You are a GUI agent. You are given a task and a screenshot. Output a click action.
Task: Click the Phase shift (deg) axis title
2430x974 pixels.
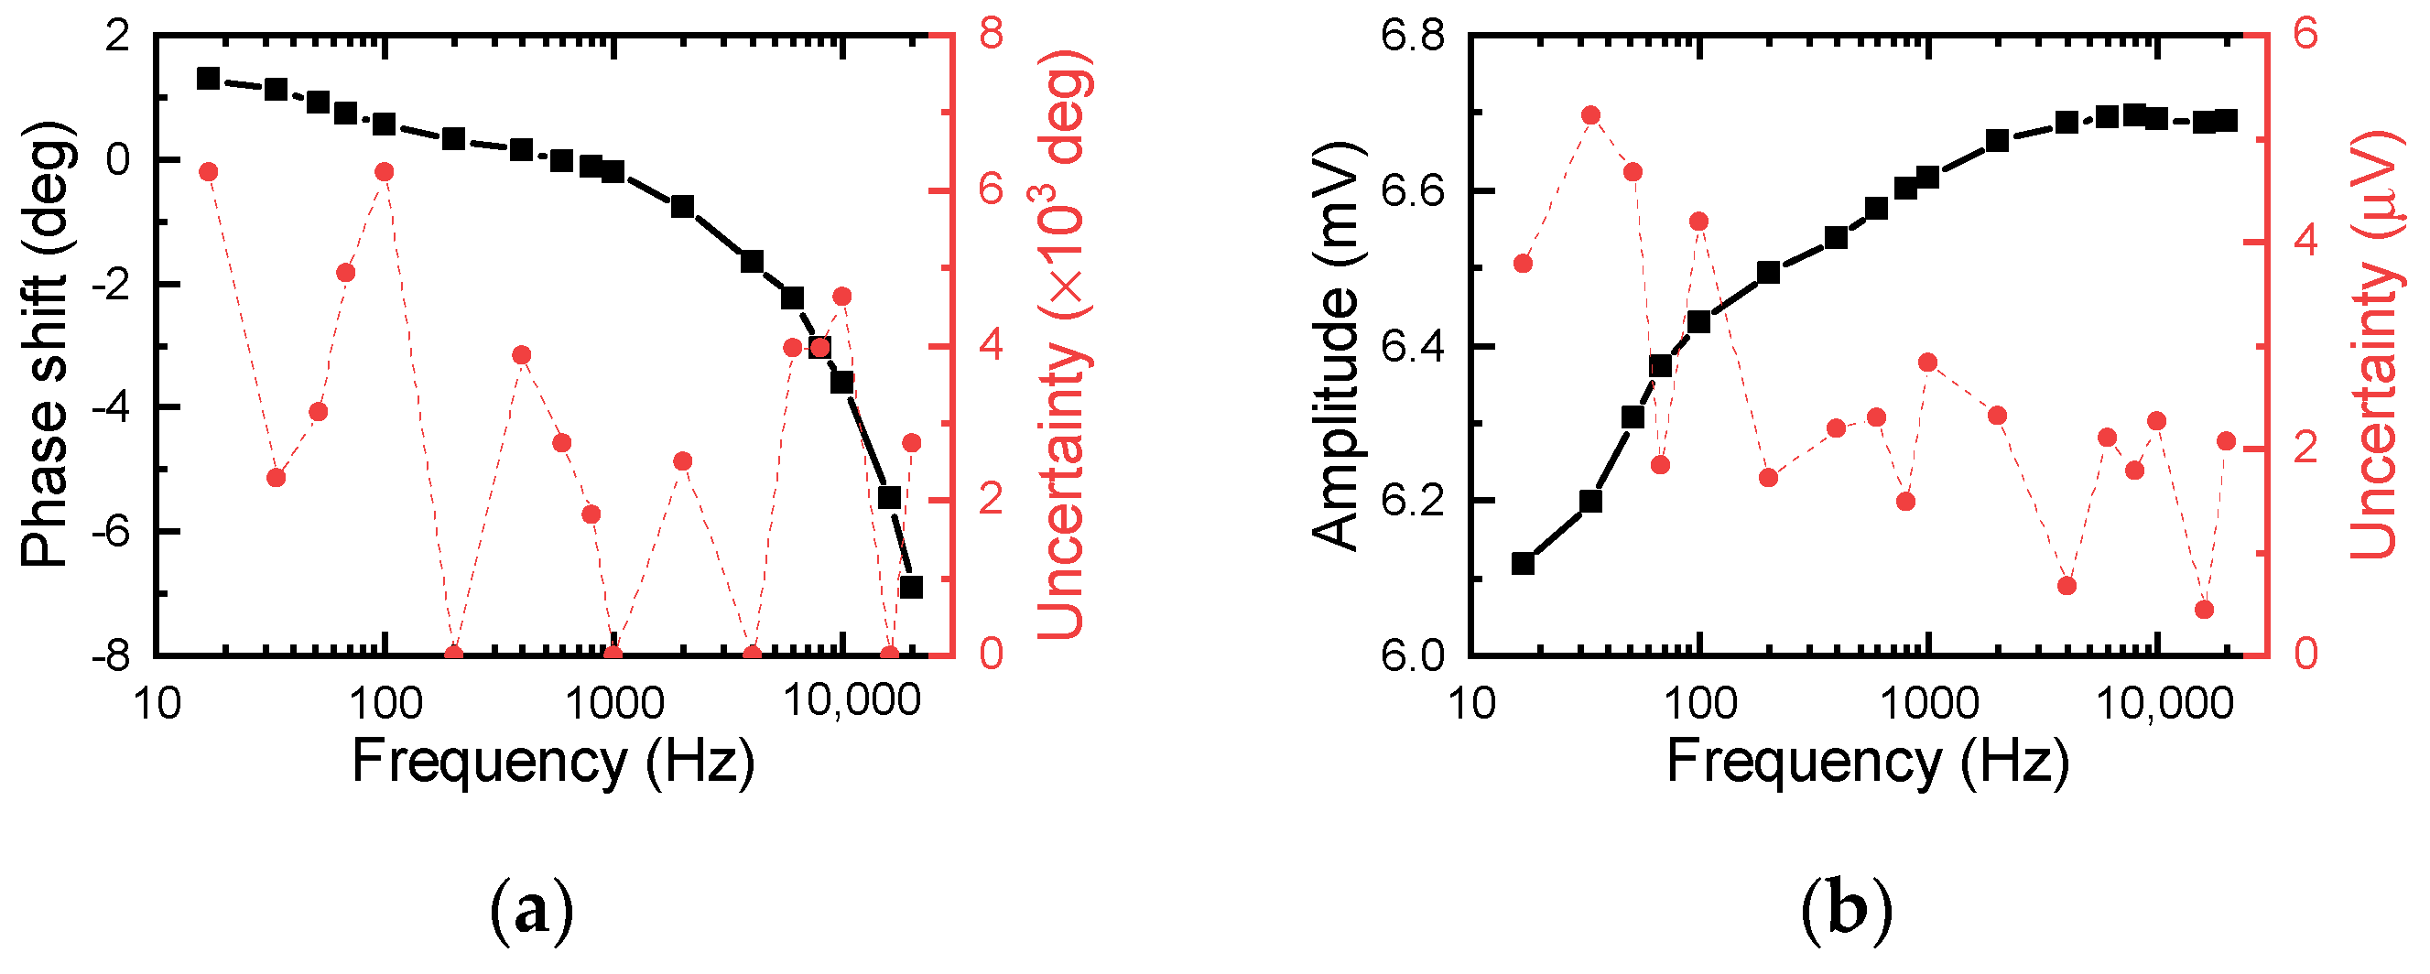click(x=45, y=344)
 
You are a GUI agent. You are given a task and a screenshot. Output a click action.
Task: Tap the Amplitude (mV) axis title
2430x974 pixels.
click(x=1336, y=346)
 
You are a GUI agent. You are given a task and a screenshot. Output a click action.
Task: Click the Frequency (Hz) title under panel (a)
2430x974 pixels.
click(x=554, y=762)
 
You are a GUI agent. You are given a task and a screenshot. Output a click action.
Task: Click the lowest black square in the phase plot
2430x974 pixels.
click(x=911, y=588)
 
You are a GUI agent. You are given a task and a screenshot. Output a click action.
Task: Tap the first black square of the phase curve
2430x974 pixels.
click(x=209, y=78)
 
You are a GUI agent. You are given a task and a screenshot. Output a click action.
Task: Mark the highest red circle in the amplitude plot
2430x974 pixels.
click(x=1590, y=115)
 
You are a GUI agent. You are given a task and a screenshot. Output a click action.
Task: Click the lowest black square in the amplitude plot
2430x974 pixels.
click(x=1523, y=564)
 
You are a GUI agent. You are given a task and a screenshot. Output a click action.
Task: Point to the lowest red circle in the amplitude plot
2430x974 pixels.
click(x=2205, y=610)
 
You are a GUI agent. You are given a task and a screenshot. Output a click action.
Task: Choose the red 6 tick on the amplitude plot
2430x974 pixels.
click(x=2305, y=35)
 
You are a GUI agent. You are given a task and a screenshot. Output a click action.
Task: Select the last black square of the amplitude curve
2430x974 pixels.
click(x=2227, y=121)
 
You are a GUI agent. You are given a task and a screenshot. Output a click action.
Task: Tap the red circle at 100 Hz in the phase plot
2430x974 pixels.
click(x=384, y=171)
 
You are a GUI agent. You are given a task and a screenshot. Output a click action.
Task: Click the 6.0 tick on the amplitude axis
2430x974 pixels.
click(x=1412, y=655)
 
